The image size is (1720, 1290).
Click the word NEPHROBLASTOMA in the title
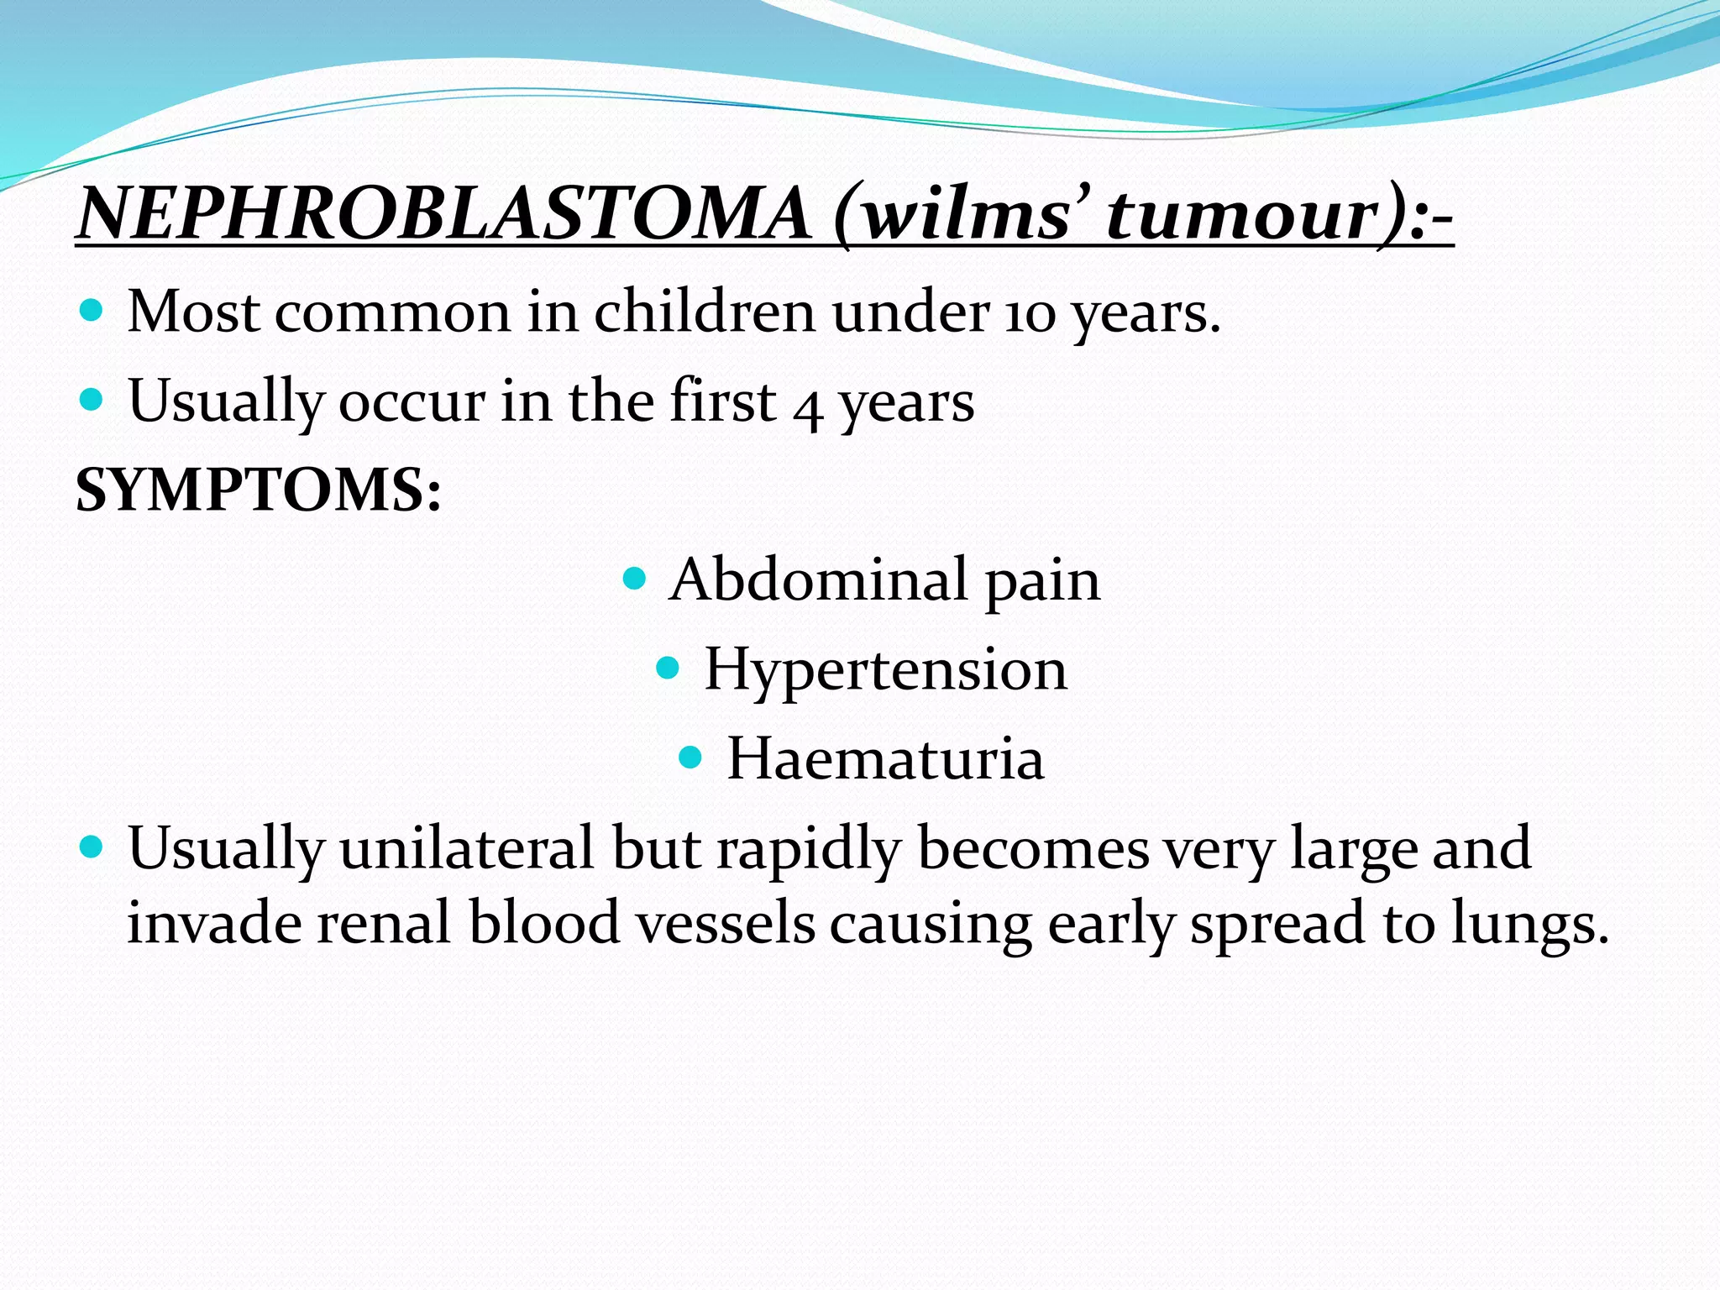[443, 213]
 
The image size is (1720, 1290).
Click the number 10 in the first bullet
[1030, 314]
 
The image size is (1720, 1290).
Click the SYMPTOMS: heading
[258, 490]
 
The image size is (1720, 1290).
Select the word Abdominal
[818, 579]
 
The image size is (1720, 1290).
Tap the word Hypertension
[885, 669]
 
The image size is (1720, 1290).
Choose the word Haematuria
[885, 758]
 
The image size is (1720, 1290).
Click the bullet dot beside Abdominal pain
[635, 579]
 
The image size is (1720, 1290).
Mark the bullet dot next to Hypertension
[667, 669]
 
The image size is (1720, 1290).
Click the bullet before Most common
[91, 311]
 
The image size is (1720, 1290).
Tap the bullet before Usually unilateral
[91, 847]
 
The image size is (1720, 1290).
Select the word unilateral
[468, 848]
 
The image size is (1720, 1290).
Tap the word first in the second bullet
[722, 401]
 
